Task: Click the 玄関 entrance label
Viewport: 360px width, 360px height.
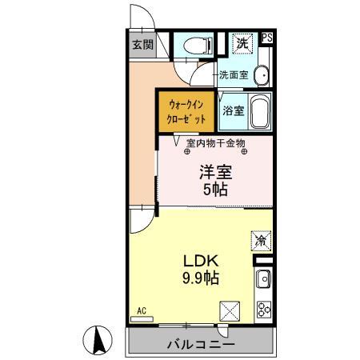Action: [x=143, y=45]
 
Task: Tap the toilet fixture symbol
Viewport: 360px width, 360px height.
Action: [x=193, y=46]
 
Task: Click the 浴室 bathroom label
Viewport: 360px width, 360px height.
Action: [x=233, y=110]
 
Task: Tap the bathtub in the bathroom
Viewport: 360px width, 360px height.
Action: [x=260, y=111]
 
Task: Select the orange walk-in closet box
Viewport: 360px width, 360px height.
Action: [x=187, y=110]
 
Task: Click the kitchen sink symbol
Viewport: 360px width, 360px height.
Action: [x=264, y=280]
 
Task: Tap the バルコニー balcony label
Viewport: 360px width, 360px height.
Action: [x=201, y=345]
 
